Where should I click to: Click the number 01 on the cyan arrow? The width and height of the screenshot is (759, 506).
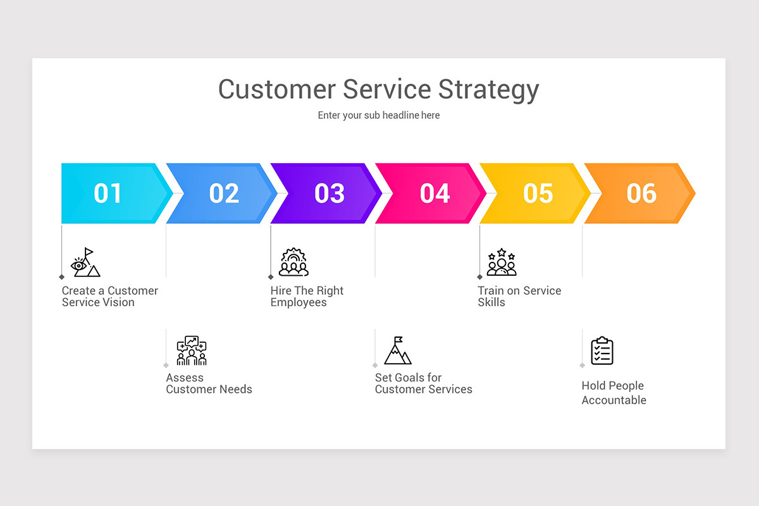(108, 194)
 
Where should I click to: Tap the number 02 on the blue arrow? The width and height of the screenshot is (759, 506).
(224, 194)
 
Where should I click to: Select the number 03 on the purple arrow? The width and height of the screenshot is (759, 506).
(329, 194)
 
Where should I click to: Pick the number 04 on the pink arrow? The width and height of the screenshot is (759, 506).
(435, 194)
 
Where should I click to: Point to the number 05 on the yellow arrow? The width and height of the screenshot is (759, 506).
(538, 194)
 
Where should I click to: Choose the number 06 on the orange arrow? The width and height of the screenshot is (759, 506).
(641, 194)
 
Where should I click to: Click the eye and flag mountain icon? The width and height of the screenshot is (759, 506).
(85, 262)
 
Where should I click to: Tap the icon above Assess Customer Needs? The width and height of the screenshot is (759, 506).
(192, 350)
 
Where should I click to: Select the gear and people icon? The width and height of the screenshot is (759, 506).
(293, 262)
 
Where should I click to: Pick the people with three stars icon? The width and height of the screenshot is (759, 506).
(502, 262)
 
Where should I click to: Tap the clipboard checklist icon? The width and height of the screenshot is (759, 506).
(602, 350)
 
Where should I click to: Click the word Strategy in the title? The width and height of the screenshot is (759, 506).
(488, 90)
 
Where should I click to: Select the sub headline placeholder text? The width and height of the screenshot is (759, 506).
(379, 115)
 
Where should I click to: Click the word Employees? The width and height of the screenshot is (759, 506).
(299, 302)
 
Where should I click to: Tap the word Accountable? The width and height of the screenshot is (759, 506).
(614, 400)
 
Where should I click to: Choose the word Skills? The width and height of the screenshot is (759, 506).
(491, 302)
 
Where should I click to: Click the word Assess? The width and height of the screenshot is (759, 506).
(185, 378)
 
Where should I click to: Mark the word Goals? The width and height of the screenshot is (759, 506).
(409, 378)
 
